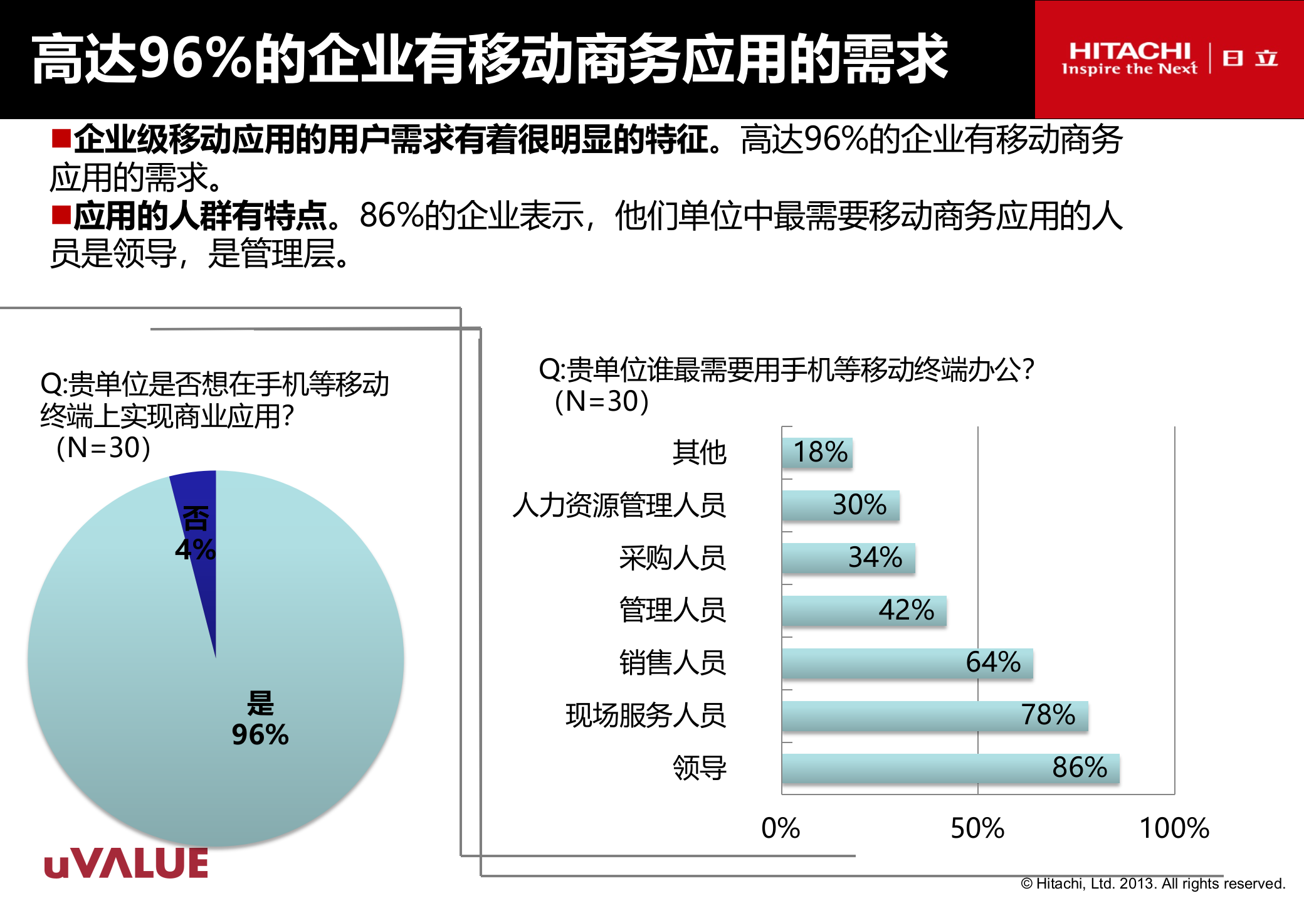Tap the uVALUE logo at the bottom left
(x=126, y=863)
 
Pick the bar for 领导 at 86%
(x=950, y=768)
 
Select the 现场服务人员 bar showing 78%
(x=935, y=716)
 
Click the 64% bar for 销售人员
(x=907, y=663)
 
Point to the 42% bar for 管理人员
(x=864, y=610)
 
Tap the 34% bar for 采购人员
(x=848, y=557)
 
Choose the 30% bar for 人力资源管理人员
(x=840, y=505)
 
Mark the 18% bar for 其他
(x=817, y=452)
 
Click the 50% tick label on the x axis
(x=977, y=828)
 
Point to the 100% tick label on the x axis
(x=1174, y=828)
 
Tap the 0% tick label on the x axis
(x=781, y=828)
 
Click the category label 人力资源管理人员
(x=619, y=505)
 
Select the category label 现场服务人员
(x=646, y=716)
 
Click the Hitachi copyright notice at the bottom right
(x=1153, y=884)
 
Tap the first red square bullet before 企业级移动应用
(x=61, y=137)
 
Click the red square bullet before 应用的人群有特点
(x=61, y=214)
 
